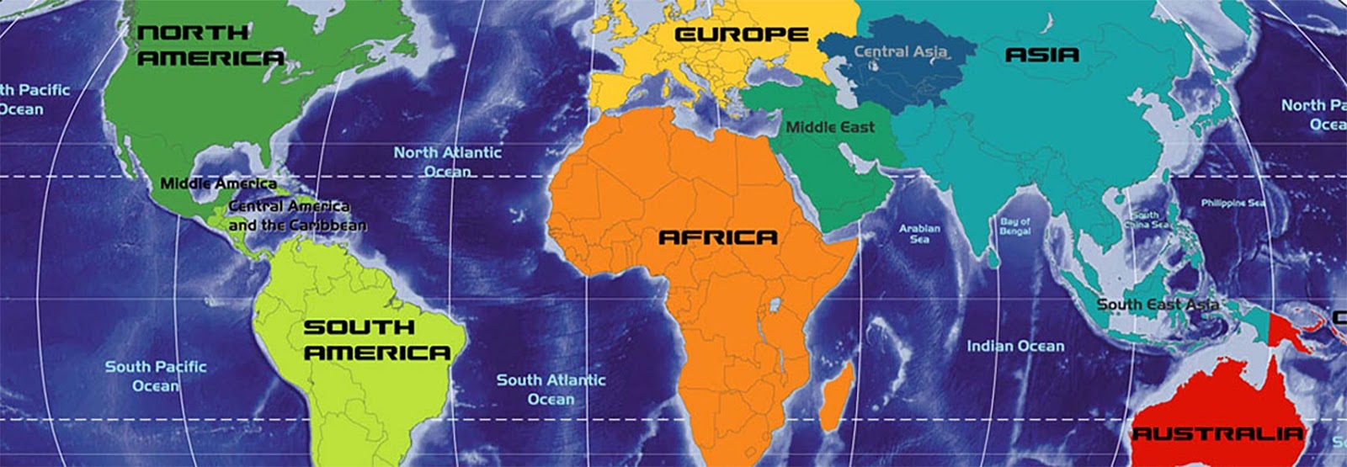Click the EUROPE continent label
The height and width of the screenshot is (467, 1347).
point(742,35)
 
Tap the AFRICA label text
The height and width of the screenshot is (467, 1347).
point(717,238)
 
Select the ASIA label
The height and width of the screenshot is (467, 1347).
point(1041,56)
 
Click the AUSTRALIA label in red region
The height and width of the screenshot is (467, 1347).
point(1217,434)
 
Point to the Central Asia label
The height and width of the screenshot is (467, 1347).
point(900,52)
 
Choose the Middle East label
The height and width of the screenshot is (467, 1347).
point(830,128)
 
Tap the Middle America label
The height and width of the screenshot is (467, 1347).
point(218,183)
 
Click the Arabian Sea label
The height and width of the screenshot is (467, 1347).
point(919,234)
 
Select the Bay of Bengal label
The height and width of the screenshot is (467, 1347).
point(1014,226)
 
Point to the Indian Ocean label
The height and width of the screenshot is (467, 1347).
point(1014,346)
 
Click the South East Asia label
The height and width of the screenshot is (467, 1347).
point(1158,305)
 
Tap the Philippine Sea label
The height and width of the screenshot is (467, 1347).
point(1233,204)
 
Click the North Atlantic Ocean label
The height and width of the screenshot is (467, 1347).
point(447,162)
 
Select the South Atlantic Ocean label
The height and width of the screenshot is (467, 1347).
point(551,389)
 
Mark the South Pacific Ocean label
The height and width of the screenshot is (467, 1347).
point(156,376)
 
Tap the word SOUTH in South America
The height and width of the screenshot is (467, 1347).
point(359,327)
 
